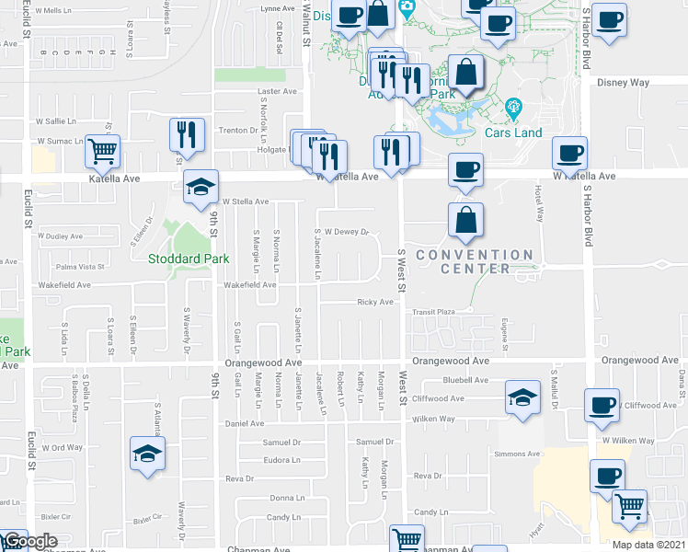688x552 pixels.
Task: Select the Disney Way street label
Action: click(x=623, y=83)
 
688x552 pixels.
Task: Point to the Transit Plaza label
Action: click(x=433, y=312)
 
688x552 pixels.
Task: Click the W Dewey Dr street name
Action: click(x=345, y=232)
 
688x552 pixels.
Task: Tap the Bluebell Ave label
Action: click(x=465, y=380)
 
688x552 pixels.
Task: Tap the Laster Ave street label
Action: click(x=277, y=92)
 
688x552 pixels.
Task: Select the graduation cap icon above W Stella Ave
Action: click(x=201, y=187)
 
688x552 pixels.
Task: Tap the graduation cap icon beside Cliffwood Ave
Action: click(x=522, y=399)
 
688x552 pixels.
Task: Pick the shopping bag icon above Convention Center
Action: click(x=466, y=220)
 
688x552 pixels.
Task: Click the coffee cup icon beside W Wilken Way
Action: click(x=605, y=405)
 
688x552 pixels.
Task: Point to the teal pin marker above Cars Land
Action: click(x=513, y=108)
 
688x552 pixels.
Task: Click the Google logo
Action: click(x=29, y=541)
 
